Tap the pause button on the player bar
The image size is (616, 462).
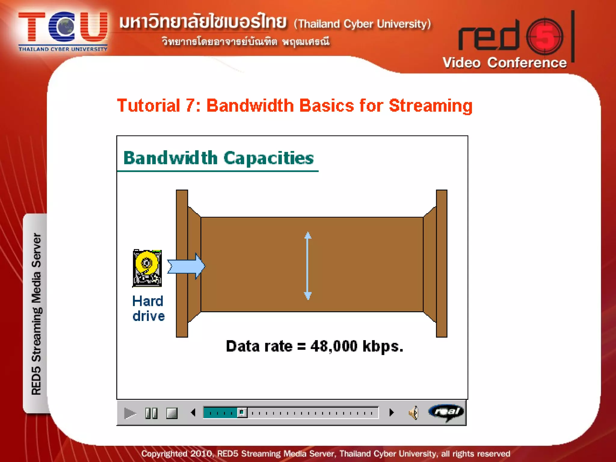[151, 413]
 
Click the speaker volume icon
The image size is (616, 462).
[414, 413]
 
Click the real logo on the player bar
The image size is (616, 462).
[446, 412]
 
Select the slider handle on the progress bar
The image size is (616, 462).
[242, 412]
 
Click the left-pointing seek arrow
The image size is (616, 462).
[193, 412]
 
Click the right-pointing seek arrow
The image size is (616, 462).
[391, 412]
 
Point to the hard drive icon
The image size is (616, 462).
[147, 268]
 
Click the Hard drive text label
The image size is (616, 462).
[148, 308]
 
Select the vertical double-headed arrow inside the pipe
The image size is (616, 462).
[307, 266]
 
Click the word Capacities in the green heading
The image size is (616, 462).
[268, 158]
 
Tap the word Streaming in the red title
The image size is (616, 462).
[430, 106]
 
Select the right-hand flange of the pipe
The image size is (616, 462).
[441, 263]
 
